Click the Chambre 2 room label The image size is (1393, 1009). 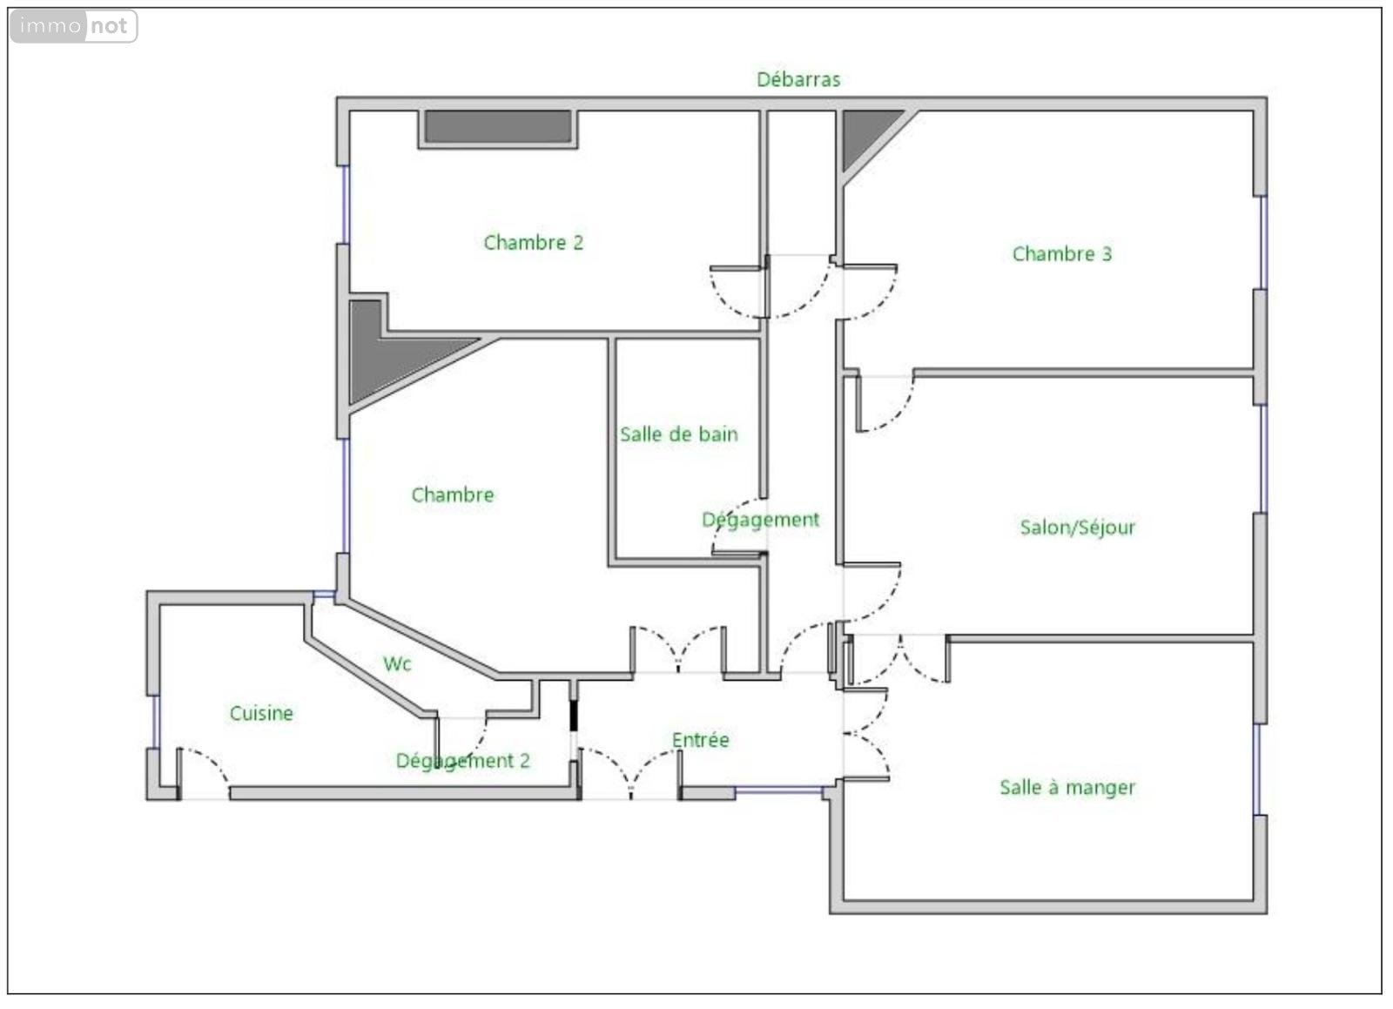point(534,243)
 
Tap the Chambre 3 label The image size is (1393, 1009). point(1062,253)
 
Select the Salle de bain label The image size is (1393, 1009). point(679,434)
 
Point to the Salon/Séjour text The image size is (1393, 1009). point(1078,528)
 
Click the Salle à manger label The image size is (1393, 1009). point(1067,788)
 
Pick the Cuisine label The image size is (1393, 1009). point(261,713)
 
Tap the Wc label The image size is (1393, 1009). point(397,664)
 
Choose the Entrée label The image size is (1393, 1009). point(700,740)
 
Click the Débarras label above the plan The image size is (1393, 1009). point(798,79)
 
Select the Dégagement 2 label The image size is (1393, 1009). point(463,761)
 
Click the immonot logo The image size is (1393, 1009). point(74,26)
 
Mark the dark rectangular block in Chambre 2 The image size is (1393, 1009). point(498,127)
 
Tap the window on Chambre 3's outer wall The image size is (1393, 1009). point(1263,243)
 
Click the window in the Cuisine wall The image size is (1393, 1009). point(156,721)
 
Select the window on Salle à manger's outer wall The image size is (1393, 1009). point(1257,769)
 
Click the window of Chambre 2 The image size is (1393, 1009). point(347,205)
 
